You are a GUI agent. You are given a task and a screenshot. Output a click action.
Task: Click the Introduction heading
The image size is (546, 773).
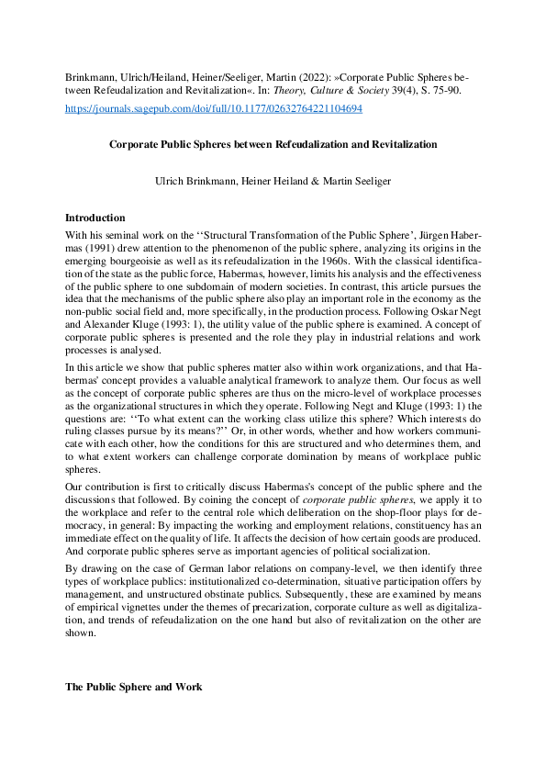pos(95,218)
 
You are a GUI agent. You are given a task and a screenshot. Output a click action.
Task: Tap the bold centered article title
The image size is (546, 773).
pos(273,144)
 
